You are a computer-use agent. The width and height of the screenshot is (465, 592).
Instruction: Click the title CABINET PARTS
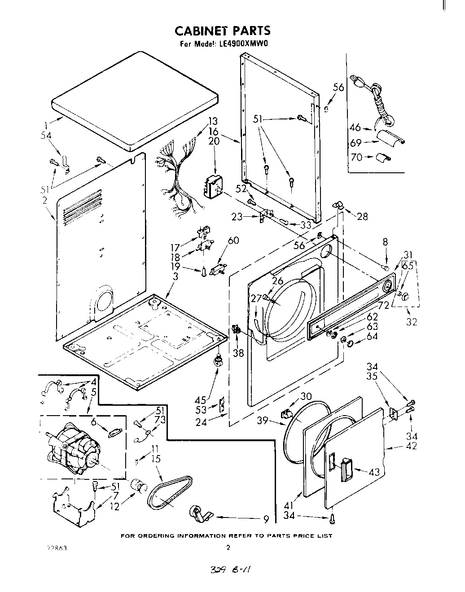pos(222,31)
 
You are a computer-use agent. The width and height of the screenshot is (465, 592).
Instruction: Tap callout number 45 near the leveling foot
pos(200,399)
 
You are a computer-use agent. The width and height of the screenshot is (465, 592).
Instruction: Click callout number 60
pos(233,241)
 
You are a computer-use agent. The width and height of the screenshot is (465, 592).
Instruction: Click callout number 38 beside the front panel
pos(238,352)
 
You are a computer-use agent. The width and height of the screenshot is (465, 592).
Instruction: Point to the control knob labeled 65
pos(406,295)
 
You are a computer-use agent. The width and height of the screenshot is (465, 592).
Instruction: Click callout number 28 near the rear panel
pos(362,216)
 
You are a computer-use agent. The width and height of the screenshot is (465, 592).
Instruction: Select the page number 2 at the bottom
pos(228,548)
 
